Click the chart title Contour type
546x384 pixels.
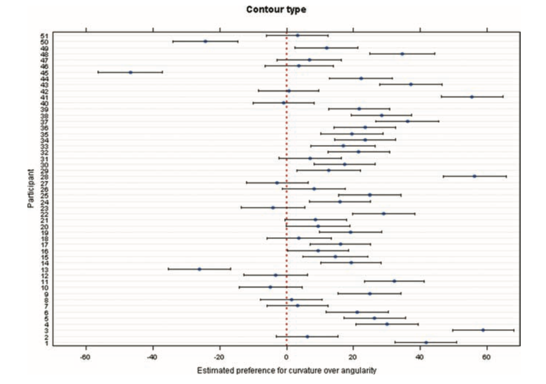[276, 9]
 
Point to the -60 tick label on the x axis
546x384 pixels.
[85, 357]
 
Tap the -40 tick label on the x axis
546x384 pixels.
[152, 357]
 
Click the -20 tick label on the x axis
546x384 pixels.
[219, 357]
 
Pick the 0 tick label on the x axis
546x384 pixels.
[286, 357]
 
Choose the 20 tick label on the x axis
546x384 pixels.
[353, 357]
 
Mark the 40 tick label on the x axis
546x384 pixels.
[420, 357]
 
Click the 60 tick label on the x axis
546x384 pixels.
[487, 357]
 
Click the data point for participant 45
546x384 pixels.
[131, 72]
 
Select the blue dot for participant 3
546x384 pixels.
[483, 330]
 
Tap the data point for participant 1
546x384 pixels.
[426, 342]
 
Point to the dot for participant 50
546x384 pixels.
[205, 41]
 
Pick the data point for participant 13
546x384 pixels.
[199, 269]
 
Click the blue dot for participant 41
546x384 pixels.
[472, 97]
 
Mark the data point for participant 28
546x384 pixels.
[475, 176]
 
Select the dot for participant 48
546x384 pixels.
[402, 54]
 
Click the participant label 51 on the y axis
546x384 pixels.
[44, 36]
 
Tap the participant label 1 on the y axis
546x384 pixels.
[46, 343]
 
